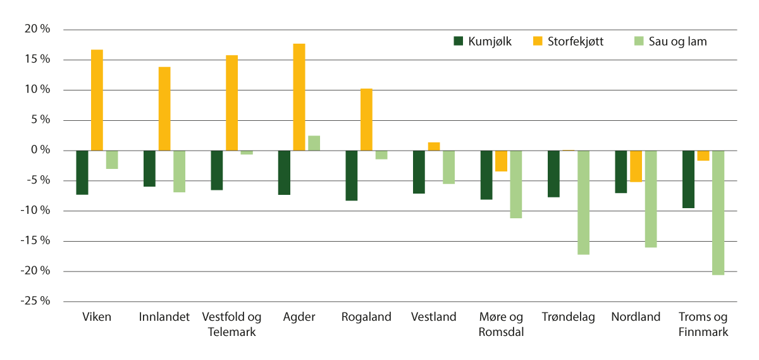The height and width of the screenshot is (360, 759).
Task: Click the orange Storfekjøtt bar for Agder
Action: tap(299, 97)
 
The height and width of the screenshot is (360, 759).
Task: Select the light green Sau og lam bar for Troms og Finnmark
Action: tap(718, 213)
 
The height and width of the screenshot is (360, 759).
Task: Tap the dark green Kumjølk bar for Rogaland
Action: tap(352, 175)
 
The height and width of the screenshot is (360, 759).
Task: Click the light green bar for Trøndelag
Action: tap(583, 202)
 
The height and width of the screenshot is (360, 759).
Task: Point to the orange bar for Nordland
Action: tap(636, 166)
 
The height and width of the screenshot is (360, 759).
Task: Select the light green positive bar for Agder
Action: tap(314, 143)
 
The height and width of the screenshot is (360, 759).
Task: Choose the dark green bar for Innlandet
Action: tap(149, 168)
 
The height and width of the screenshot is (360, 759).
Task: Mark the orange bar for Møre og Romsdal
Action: tap(501, 161)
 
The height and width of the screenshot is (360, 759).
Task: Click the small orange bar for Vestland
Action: tap(434, 146)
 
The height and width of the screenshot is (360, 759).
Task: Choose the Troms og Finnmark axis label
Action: tap(703, 324)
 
